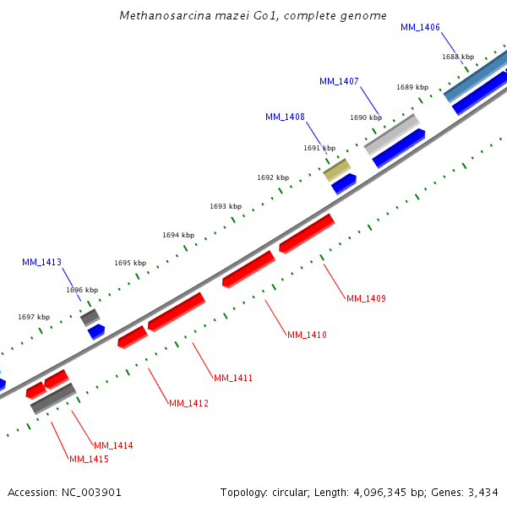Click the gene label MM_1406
click(x=420, y=28)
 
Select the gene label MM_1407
click(x=339, y=82)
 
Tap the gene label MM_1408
click(x=285, y=117)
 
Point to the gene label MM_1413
click(x=41, y=263)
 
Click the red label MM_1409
click(x=366, y=298)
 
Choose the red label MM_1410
click(x=307, y=335)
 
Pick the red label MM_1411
click(x=233, y=378)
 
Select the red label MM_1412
click(x=188, y=403)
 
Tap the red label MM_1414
click(x=113, y=445)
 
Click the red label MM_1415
click(x=89, y=459)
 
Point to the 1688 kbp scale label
click(x=458, y=57)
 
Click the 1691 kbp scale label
click(x=319, y=149)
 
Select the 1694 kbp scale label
click(x=178, y=236)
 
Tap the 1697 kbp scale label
click(x=34, y=318)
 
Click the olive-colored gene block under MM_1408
click(x=336, y=170)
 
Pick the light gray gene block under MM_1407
click(x=392, y=134)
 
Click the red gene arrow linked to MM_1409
click(x=307, y=234)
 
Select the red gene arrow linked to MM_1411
click(x=176, y=312)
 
